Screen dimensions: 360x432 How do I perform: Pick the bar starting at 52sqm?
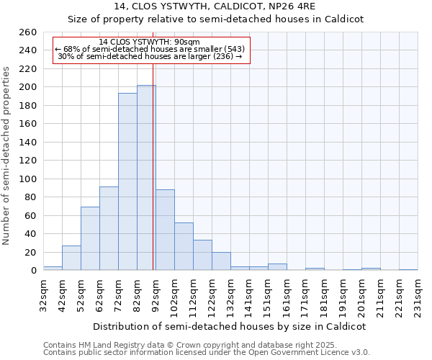[90, 238]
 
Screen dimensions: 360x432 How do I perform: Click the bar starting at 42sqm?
[71, 258]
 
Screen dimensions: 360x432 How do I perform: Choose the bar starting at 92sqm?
[165, 230]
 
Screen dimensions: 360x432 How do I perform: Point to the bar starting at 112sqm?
[202, 255]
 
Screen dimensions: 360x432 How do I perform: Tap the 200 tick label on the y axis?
[28, 87]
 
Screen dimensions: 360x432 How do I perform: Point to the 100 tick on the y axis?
[28, 179]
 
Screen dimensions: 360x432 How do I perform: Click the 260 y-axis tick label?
[28, 32]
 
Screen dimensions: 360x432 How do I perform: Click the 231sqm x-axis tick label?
[418, 295]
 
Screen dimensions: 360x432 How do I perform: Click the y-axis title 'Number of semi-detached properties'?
[7, 156]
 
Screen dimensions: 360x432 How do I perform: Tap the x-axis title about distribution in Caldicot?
[230, 326]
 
